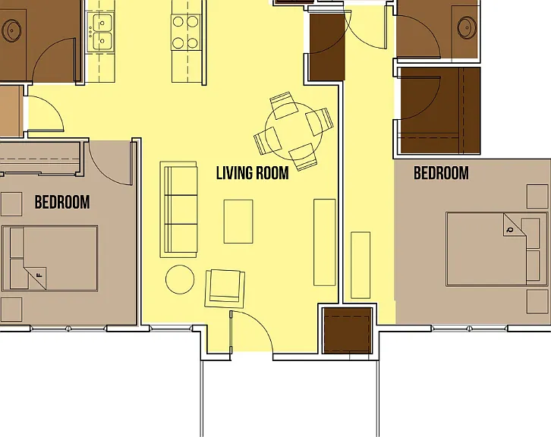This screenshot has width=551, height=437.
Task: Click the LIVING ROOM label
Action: pos(252,173)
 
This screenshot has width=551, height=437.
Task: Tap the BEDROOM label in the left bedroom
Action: pos(62,202)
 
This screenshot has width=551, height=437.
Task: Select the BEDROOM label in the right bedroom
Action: pos(441,173)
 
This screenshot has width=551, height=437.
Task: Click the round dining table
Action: pos(294,131)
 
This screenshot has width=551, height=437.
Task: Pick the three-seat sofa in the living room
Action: pos(178,209)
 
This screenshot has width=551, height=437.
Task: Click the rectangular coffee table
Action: pos(238,222)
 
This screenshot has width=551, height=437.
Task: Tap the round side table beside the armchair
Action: pos(180,279)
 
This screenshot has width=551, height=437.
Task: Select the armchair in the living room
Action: pos(225,289)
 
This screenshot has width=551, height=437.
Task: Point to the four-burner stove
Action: pos(185,33)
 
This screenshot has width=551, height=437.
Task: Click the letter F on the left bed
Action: pos(39,275)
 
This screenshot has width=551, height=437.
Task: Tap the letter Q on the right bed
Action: pos(510,230)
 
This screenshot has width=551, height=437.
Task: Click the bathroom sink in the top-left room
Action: pos(11,30)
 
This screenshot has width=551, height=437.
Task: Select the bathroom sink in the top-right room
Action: pos(468,27)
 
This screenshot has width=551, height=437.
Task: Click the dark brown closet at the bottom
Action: pos(347,330)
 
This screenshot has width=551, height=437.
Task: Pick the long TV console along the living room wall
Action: pos(324,242)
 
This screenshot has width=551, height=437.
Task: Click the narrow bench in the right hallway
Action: pos(361,266)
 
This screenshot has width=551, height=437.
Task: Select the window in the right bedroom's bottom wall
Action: pos(470,329)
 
